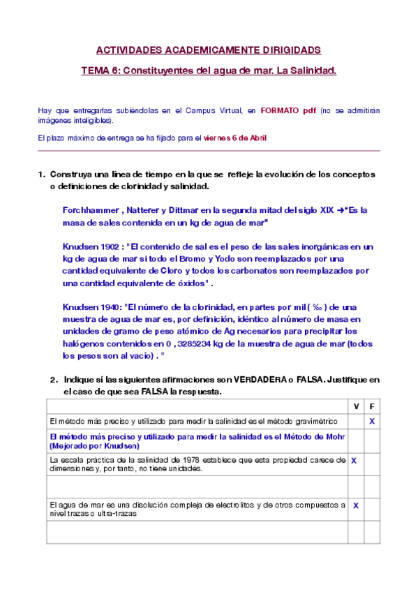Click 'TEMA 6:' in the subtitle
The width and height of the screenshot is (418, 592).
tap(100, 71)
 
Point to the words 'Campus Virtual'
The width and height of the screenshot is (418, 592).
tap(208, 110)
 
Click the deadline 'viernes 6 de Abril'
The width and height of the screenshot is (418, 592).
tap(234, 138)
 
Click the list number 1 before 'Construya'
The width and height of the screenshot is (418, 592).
tap(40, 175)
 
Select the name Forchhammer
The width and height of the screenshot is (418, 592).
tap(88, 209)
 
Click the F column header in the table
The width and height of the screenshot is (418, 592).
tap(371, 406)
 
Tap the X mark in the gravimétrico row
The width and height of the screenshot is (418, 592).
tap(372, 422)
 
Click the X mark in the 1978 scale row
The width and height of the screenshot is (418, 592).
tap(354, 461)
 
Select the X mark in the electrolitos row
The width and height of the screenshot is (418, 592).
tap(355, 505)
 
